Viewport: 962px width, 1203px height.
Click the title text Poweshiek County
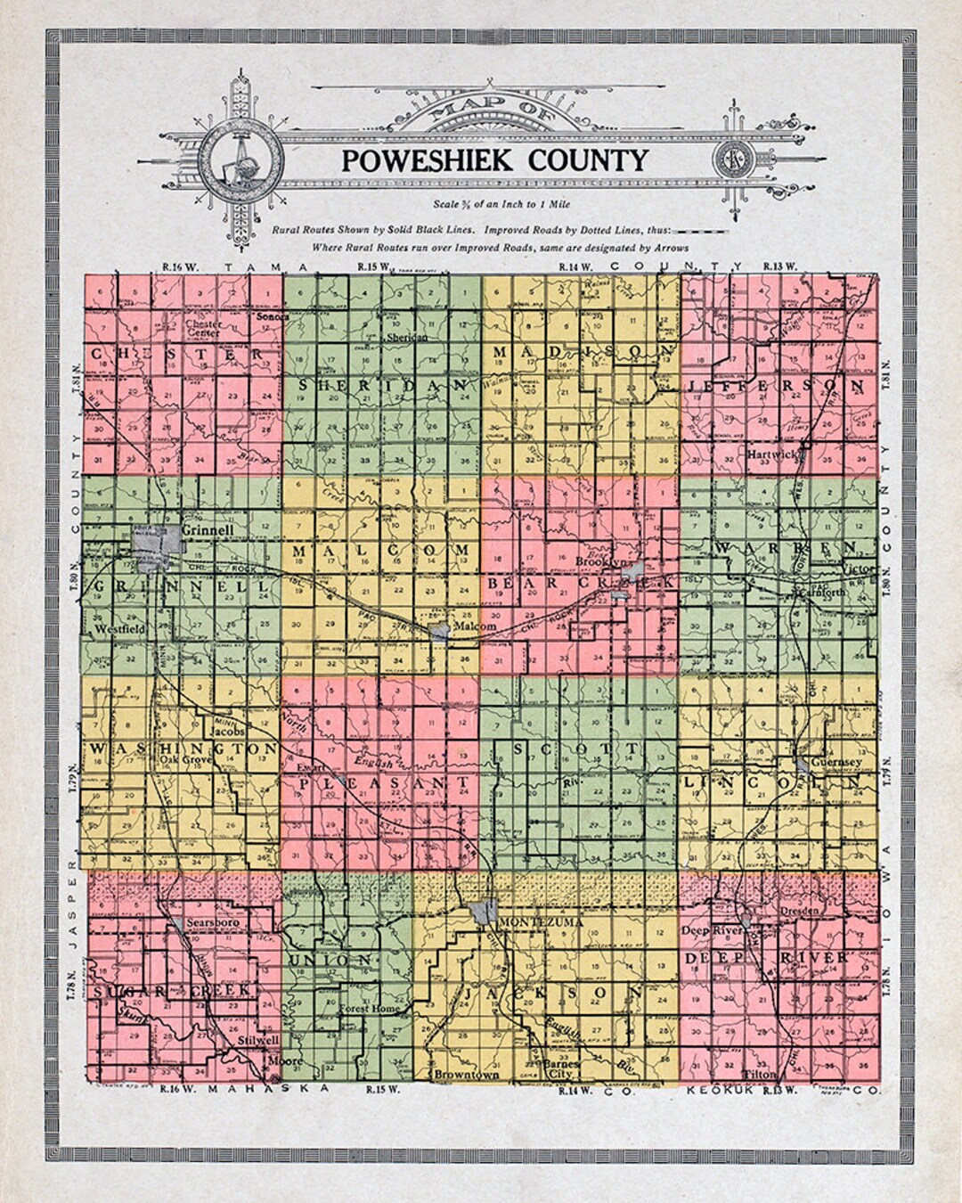point(494,160)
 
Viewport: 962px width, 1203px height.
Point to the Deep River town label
point(707,930)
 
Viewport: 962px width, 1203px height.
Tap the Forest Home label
point(372,1009)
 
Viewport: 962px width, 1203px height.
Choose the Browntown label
point(467,1076)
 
